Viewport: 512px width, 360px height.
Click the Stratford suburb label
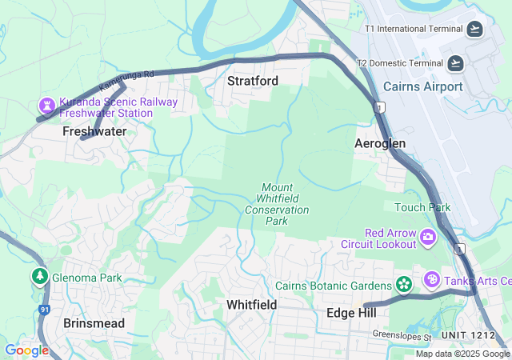coord(253,81)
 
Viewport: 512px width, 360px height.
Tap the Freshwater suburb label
coord(94,131)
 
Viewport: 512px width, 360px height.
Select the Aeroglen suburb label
coord(380,143)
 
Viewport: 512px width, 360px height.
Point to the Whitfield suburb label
coord(251,305)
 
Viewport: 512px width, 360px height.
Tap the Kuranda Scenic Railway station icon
coord(47,106)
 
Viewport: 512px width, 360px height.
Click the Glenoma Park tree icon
coord(39,277)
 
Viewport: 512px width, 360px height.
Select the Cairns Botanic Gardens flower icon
coord(404,285)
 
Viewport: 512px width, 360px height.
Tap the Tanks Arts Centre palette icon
coord(431,280)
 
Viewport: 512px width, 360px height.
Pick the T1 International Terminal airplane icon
coord(475,29)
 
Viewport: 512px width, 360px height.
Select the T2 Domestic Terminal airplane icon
coord(455,63)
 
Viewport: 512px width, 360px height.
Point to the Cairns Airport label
coord(423,86)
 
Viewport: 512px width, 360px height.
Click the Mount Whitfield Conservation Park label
coord(277,204)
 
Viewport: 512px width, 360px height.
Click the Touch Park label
coord(422,207)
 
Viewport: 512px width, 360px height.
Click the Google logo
coord(26,350)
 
